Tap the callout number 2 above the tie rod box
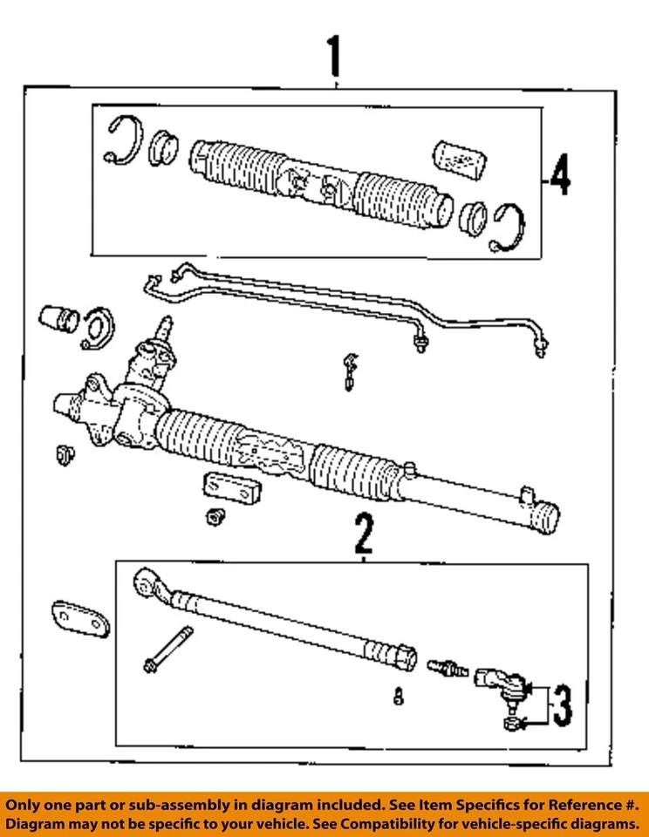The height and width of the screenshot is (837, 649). pos(363,535)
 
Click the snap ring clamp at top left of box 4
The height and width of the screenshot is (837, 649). pos(123,140)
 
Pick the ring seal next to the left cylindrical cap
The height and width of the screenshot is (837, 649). pos(98,329)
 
